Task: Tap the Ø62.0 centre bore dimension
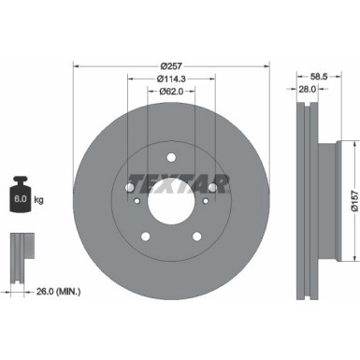click(170, 92)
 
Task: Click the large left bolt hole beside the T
click(128, 188)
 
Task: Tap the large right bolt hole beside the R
click(212, 188)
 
